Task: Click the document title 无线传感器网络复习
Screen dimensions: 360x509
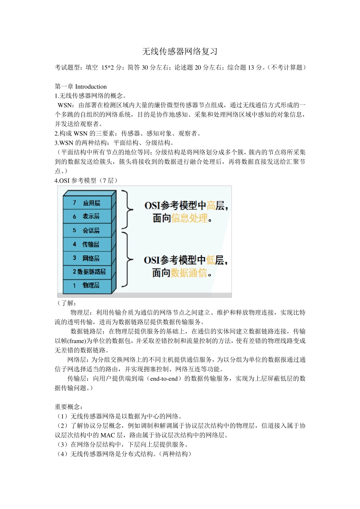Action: pyautogui.click(x=180, y=52)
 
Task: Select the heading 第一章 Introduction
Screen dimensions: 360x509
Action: pyautogui.click(x=81, y=86)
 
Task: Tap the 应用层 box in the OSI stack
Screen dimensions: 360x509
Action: pyautogui.click(x=88, y=203)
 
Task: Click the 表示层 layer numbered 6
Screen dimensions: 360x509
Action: pyautogui.click(x=88, y=216)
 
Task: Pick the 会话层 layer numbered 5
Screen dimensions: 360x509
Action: pyautogui.click(x=88, y=230)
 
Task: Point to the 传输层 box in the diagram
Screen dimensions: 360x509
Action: pyautogui.click(x=88, y=244)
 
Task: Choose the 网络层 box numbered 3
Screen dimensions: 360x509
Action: pyautogui.click(x=88, y=258)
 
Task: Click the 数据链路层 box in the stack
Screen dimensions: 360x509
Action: pyautogui.click(x=88, y=272)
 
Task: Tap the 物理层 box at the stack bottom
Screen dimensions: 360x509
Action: pyautogui.click(x=88, y=285)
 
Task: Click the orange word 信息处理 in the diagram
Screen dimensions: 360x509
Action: pyautogui.click(x=189, y=218)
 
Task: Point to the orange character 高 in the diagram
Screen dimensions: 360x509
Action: pyautogui.click(x=211, y=206)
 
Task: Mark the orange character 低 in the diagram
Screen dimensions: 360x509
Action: pyautogui.click(x=211, y=260)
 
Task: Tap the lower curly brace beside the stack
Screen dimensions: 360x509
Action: pyautogui.click(x=127, y=260)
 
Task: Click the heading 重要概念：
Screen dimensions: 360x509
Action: pyautogui.click(x=69, y=407)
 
